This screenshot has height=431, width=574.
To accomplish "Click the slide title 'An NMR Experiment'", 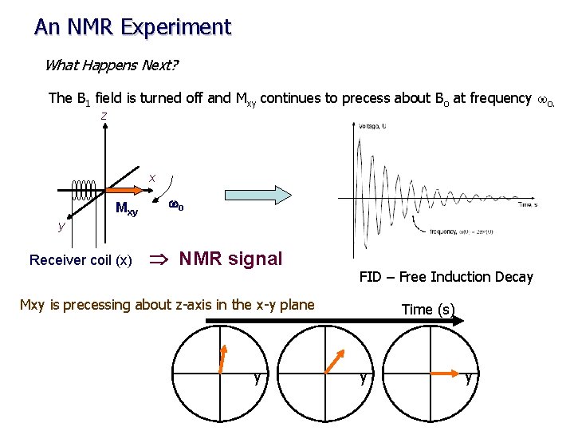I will pos(132,27).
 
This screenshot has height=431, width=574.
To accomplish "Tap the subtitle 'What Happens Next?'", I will pos(111,65).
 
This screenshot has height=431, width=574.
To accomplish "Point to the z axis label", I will pos(103,117).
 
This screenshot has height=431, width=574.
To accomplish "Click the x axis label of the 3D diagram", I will pos(151,176).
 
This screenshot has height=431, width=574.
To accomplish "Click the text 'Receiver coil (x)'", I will pos(81,259).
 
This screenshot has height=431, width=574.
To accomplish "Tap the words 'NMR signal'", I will pos(231,259).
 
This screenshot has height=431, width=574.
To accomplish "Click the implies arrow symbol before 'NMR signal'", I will pos(159,259).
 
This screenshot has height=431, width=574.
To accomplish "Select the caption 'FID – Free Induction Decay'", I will pos(446,277).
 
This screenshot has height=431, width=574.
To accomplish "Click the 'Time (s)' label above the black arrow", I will pos(428,309).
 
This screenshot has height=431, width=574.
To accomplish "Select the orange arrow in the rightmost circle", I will pos(448,372).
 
